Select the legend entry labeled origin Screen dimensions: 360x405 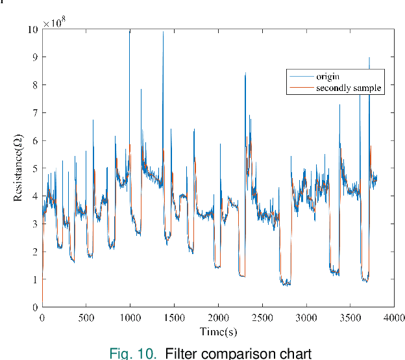pyautogui.click(x=327, y=77)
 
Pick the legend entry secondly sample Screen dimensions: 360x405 pyautogui.click(x=349, y=88)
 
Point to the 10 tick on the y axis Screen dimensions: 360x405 pyautogui.click(x=32, y=29)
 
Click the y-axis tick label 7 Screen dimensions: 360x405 pyautogui.click(x=34, y=112)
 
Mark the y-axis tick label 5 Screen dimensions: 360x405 pyautogui.click(x=34, y=168)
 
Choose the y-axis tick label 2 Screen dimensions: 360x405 pyautogui.click(x=34, y=251)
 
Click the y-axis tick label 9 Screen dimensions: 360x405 pyautogui.click(x=34, y=57)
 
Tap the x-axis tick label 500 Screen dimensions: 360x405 pyautogui.click(x=86, y=318)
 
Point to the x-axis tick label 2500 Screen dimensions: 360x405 pyautogui.click(x=262, y=318)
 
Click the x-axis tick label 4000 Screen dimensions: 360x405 pyautogui.click(x=393, y=318)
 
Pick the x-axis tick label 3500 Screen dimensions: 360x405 pyautogui.click(x=350, y=318)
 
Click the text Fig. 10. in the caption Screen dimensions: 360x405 pyautogui.click(x=133, y=354)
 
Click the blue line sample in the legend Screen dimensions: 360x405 pyautogui.click(x=301, y=77)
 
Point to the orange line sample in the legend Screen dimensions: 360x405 pyautogui.click(x=301, y=88)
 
